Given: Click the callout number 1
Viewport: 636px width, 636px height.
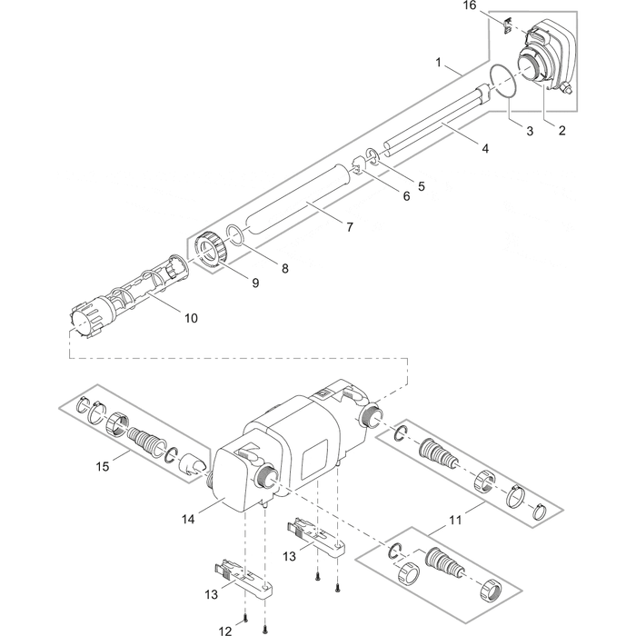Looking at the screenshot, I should point(439,64).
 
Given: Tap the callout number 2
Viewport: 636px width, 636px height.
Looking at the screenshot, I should point(561,130).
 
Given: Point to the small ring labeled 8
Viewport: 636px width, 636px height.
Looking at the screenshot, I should point(234,235).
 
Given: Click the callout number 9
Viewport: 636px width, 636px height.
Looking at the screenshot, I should point(255,283).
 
